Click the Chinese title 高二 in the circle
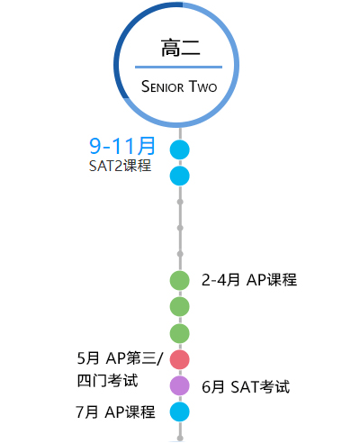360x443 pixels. tap(180, 48)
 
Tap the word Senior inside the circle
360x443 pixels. tap(162, 86)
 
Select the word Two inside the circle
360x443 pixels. tap(203, 86)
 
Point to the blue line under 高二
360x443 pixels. tap(178, 67)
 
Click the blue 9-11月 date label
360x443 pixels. tap(122, 146)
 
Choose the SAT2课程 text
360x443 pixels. tap(120, 166)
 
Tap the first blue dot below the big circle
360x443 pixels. tap(180, 149)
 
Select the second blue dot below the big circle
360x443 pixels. tap(180, 176)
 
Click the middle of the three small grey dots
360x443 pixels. tap(180, 228)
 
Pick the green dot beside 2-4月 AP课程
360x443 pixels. tap(180, 280)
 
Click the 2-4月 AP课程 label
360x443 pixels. tap(249, 280)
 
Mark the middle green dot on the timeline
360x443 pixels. tap(180, 306)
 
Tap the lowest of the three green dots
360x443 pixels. tap(180, 333)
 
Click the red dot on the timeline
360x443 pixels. tap(180, 359)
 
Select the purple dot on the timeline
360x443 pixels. tap(180, 385)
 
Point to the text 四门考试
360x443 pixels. tap(108, 381)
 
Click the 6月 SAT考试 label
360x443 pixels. tap(246, 386)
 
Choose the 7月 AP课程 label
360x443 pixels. tap(115, 411)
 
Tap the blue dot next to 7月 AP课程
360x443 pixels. tap(180, 411)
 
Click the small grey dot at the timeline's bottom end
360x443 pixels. tap(180, 438)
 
